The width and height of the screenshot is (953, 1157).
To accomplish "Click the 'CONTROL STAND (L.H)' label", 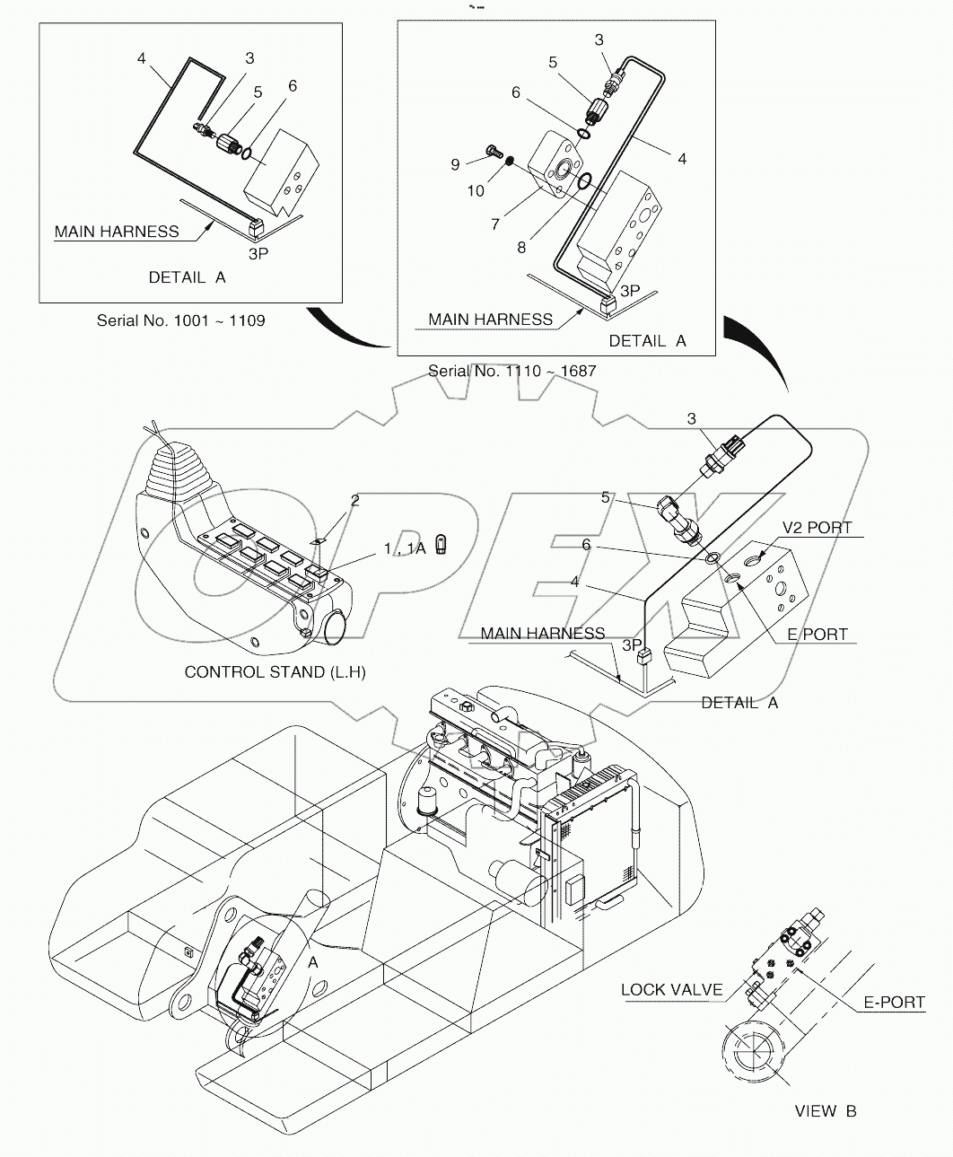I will click(275, 671).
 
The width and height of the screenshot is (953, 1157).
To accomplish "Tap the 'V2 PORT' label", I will click(817, 527).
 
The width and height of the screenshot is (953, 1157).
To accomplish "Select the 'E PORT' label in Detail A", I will click(817, 634).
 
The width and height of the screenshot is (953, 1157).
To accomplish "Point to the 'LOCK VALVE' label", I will click(671, 990).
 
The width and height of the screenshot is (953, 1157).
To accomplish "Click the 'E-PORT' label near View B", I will click(894, 1002).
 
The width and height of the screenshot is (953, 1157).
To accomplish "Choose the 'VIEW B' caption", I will click(825, 1111).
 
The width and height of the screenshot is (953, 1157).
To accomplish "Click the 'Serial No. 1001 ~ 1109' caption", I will click(180, 320).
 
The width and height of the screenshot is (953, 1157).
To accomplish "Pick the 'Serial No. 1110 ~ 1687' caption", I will click(511, 370).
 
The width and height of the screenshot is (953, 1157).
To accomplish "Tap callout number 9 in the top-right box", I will click(455, 164).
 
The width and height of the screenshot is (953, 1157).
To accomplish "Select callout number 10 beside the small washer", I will click(476, 190).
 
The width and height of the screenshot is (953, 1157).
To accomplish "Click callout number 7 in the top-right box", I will click(495, 224).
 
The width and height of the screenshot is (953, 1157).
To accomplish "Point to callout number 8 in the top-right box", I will click(521, 247).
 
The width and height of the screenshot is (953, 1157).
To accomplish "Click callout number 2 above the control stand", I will click(354, 500).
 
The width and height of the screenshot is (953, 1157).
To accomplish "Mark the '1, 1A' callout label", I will click(407, 548).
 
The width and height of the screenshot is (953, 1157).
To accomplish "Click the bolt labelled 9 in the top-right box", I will click(491, 152).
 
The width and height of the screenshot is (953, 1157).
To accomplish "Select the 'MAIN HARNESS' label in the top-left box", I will click(117, 232).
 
